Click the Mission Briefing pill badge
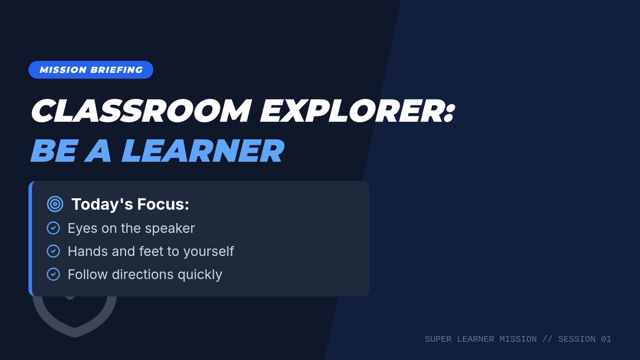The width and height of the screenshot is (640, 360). click(91, 70)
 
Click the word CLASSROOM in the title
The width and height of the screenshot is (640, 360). click(141, 111)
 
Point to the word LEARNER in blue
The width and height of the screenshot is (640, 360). click(203, 150)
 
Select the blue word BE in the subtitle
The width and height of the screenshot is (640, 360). click(54, 150)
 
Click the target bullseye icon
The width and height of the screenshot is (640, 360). click(55, 204)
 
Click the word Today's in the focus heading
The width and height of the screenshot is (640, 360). click(102, 204)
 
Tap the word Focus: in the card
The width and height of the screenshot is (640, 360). click(163, 204)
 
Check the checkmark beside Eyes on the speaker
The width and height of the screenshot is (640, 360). click(53, 228)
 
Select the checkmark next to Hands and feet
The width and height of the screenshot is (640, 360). click(53, 251)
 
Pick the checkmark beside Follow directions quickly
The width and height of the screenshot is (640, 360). click(53, 274)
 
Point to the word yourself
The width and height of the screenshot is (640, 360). click(209, 252)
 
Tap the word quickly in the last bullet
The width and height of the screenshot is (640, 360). click(200, 275)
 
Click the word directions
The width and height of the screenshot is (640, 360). click(143, 274)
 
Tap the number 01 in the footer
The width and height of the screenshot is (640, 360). click(606, 339)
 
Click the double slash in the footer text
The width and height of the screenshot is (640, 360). click(547, 339)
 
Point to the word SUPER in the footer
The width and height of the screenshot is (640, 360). click(438, 339)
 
